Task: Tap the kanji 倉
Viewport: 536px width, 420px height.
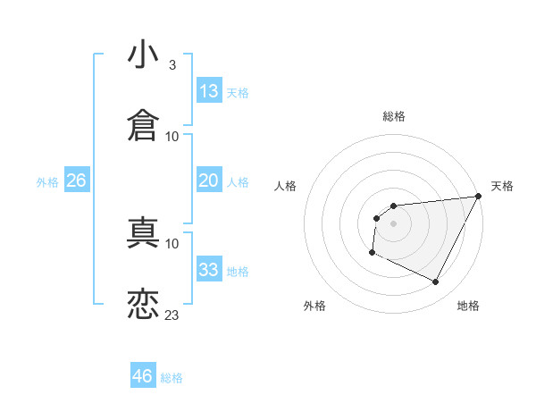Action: pos(143,126)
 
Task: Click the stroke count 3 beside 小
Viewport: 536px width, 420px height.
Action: pos(172,65)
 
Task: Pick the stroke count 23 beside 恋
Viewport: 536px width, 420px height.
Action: pos(172,315)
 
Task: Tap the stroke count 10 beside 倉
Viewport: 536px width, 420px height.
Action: pos(172,136)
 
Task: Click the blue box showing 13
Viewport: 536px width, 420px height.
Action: pos(209,91)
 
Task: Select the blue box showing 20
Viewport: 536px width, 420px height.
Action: pos(209,181)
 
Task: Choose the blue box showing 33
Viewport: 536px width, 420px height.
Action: pos(209,270)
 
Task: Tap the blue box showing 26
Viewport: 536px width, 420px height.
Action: pos(76,181)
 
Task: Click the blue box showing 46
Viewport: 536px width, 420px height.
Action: pos(143,376)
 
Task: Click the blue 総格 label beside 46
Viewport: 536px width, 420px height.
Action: pos(172,378)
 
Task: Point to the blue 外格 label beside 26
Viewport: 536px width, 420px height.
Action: pos(47,182)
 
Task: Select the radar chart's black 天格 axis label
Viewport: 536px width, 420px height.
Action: pos(502,186)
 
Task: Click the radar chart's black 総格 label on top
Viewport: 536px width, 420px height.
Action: pos(394,116)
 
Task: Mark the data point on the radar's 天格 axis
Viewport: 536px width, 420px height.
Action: pos(480,197)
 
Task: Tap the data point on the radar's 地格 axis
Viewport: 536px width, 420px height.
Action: pos(436,282)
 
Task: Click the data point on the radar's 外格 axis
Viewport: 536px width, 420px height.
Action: pos(372,253)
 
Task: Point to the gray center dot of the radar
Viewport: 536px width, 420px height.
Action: pos(393,223)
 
